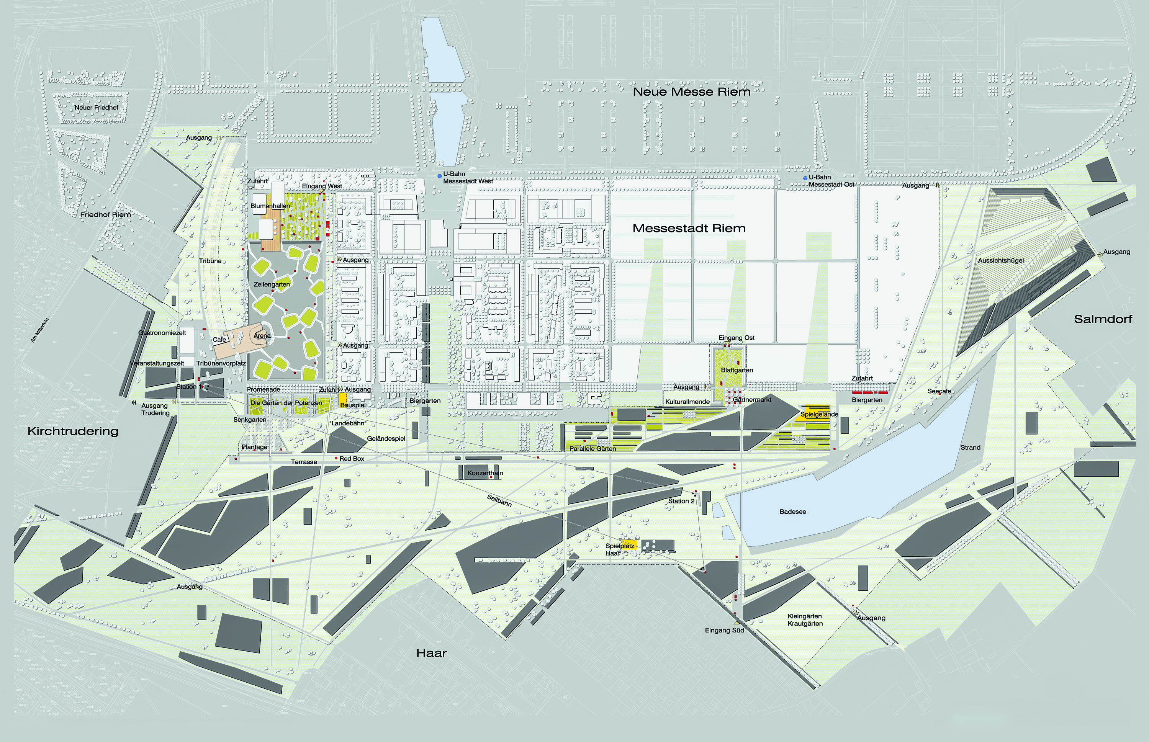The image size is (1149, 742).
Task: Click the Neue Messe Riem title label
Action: (691, 92)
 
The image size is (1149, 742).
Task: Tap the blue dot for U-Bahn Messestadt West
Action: (439, 177)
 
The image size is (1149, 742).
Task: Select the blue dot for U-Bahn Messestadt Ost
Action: (805, 178)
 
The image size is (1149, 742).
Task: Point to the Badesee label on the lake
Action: (792, 512)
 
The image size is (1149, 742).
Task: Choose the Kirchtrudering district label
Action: (73, 431)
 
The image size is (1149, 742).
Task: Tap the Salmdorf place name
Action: (1103, 319)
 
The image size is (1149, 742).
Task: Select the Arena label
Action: (262, 336)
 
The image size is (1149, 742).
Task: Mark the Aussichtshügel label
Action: (1000, 261)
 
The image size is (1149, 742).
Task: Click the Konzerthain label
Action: (485, 473)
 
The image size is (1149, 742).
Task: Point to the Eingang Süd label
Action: (724, 630)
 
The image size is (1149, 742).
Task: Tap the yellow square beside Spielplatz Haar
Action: (629, 545)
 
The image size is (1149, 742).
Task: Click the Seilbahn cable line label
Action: (499, 500)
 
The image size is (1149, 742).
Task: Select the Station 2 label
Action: (681, 501)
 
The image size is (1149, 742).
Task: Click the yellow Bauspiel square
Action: (343, 399)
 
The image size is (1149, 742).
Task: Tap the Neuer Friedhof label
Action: (97, 108)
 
